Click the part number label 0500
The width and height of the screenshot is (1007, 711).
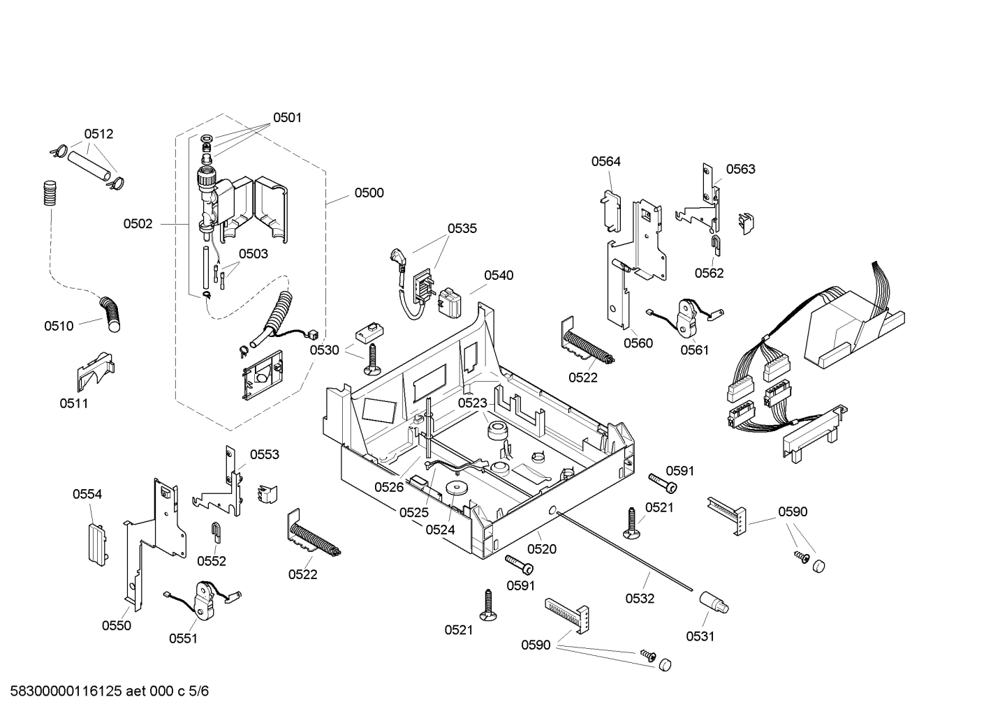[369, 193]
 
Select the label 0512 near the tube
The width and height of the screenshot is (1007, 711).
[98, 134]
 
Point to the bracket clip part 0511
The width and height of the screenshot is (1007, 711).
[94, 371]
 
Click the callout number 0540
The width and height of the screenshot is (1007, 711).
[499, 275]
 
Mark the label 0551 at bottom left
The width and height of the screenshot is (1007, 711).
[183, 638]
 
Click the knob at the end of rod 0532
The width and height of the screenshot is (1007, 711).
[714, 601]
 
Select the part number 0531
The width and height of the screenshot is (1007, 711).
[700, 636]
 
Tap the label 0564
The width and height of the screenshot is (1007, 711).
[605, 161]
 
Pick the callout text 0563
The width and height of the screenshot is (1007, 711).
[740, 169]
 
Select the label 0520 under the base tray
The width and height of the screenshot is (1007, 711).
[542, 549]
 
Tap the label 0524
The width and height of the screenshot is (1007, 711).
[440, 530]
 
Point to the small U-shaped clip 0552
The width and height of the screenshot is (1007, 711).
[217, 532]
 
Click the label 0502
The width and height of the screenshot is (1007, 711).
[138, 224]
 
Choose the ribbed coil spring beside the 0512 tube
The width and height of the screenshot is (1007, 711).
[48, 193]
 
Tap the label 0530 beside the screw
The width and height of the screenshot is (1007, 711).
[325, 350]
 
